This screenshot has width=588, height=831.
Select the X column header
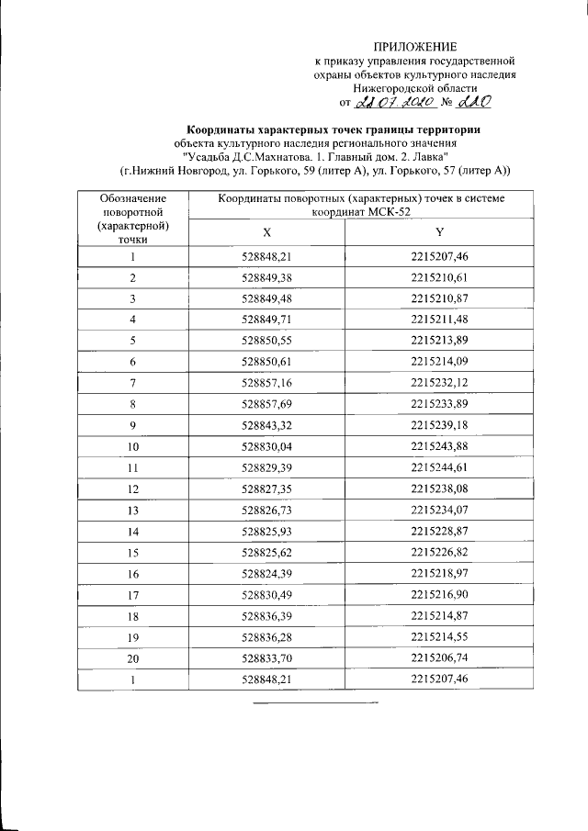tap(266, 232)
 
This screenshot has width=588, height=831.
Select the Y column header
tap(440, 232)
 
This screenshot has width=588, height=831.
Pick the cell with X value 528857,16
tap(266, 381)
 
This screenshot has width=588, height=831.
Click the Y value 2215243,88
tap(440, 446)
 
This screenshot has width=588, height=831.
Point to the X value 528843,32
tap(266, 425)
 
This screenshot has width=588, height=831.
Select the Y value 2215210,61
tap(440, 276)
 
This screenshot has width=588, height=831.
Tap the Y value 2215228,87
tap(440, 532)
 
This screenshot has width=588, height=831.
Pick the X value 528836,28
tap(266, 637)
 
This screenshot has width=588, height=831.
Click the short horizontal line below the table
tap(315, 702)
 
